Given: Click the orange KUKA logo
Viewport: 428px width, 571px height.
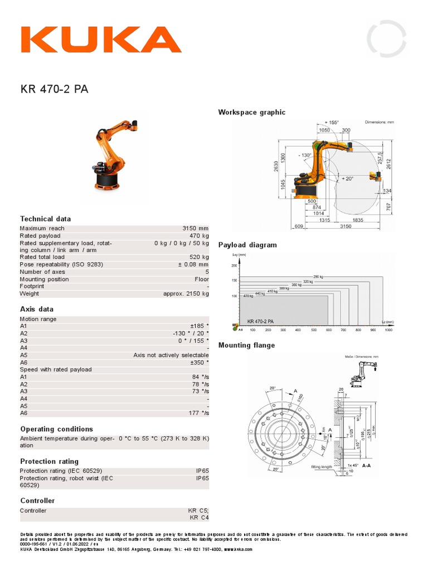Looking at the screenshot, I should tap(101, 40).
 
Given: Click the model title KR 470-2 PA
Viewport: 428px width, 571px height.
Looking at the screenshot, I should tap(54, 89).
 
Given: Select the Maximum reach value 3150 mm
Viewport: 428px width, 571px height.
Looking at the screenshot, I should tap(195, 228).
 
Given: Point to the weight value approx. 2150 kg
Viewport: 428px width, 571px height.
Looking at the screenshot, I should tap(186, 293).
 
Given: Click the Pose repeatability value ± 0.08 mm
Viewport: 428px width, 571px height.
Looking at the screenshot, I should tap(193, 264).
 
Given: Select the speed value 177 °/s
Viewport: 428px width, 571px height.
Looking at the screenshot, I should tap(198, 413).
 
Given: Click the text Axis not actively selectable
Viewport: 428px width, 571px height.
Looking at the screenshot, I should tap(171, 355).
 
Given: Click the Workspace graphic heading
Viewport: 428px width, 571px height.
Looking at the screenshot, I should tap(251, 112).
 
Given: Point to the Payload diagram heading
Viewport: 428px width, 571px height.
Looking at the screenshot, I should tap(247, 245).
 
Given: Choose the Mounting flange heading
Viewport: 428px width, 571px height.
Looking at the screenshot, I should tap(246, 345).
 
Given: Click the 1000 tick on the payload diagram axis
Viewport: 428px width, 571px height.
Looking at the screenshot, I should tap(388, 330).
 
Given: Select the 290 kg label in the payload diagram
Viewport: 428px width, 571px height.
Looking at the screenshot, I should tap(318, 277).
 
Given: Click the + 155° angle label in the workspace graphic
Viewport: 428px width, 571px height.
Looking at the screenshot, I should tap(331, 122).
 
